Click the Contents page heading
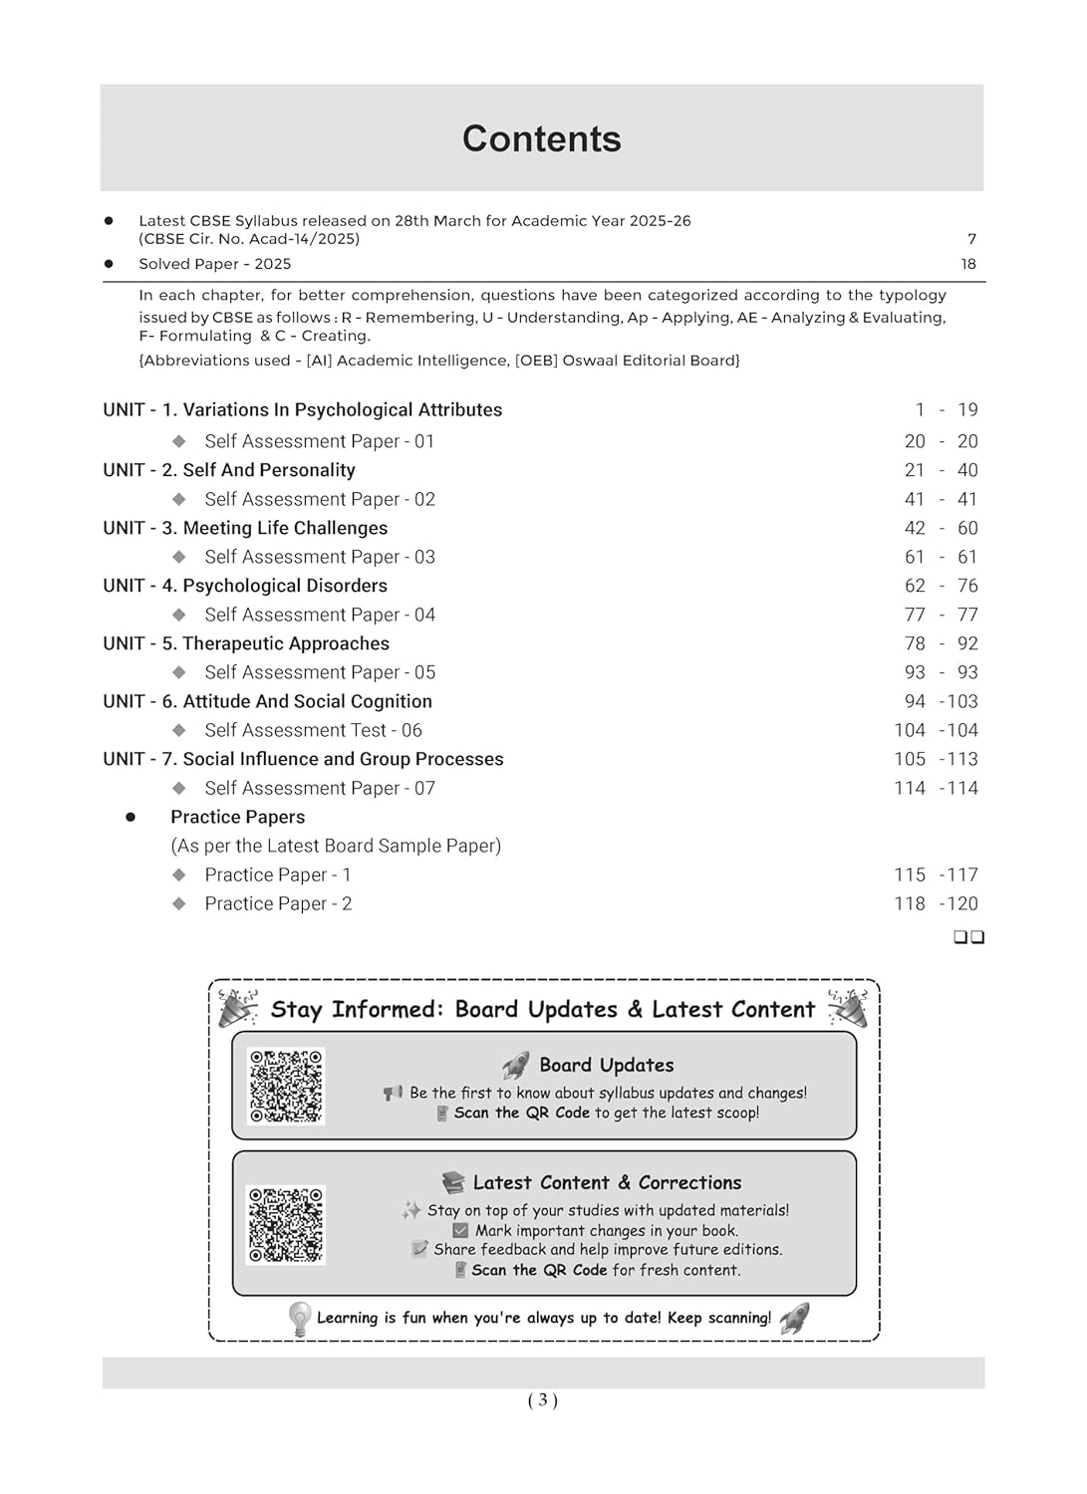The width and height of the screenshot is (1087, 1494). [541, 139]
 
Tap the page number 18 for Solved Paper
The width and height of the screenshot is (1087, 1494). [968, 264]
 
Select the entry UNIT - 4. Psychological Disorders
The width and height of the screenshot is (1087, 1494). [245, 586]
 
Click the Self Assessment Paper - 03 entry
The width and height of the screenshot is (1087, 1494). [320, 557]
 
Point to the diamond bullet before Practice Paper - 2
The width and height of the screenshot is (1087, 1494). [179, 903]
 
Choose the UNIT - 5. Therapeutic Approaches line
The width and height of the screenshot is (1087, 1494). [246, 643]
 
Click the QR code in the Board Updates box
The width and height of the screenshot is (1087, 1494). [286, 1086]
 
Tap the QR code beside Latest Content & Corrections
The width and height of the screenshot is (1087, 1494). [286, 1224]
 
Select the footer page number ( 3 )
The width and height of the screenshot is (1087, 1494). [542, 1400]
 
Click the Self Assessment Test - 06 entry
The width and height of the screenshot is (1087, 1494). [313, 730]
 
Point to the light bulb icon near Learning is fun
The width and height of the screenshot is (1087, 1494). [299, 1318]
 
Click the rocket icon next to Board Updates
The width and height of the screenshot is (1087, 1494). [515, 1066]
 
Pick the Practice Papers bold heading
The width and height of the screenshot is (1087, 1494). [237, 817]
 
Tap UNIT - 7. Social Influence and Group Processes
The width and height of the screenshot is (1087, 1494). [303, 759]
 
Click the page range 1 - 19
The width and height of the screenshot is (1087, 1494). [947, 409]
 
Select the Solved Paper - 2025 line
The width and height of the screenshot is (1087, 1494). [215, 264]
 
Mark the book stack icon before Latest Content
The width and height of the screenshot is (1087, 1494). [453, 1182]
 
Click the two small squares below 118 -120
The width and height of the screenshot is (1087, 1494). [968, 937]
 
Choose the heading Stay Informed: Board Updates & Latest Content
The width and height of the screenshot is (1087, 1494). [543, 1009]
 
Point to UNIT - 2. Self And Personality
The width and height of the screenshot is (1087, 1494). [229, 470]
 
